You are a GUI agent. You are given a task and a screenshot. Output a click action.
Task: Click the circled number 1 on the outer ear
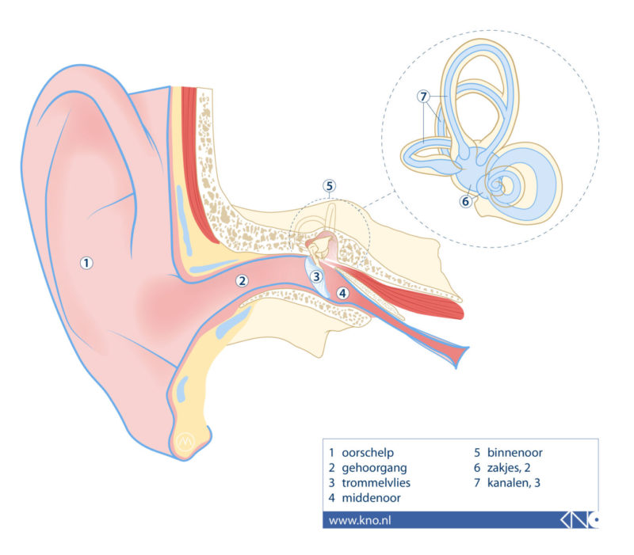[87, 263]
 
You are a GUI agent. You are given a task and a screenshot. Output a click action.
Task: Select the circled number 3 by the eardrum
[316, 276]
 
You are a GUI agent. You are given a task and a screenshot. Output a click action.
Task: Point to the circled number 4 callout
[342, 293]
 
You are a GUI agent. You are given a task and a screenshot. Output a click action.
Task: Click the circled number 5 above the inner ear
[330, 186]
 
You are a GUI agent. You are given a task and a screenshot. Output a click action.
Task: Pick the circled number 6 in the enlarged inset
[465, 201]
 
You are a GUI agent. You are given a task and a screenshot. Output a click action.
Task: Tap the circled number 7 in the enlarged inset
[424, 97]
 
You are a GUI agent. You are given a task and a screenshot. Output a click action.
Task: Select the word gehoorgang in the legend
[374, 468]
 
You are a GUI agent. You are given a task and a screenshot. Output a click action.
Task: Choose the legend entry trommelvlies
[376, 483]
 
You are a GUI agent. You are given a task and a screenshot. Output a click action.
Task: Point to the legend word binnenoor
[514, 454]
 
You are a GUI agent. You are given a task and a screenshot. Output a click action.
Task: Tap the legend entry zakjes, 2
[512, 468]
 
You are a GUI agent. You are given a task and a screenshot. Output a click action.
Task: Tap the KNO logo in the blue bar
[579, 520]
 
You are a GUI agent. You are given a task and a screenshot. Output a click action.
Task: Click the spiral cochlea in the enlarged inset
[507, 184]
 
